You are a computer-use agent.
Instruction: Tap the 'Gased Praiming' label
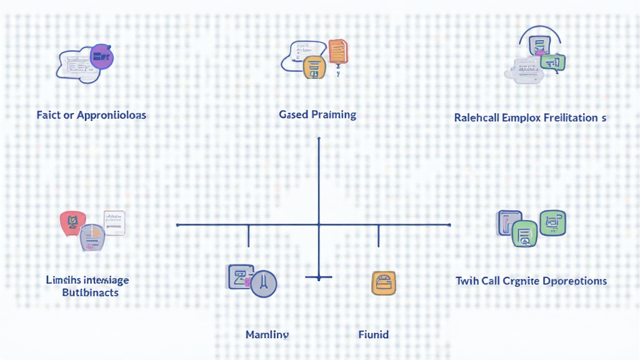[x=317, y=114]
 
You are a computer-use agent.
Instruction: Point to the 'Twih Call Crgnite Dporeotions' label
[x=531, y=281]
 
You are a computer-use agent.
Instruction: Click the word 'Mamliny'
[x=267, y=334]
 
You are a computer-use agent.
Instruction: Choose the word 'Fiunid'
[x=374, y=334]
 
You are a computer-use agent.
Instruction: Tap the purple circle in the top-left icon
[x=101, y=57]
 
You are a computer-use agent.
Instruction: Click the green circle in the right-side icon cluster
[x=523, y=234]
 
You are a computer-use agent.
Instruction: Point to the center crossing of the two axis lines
[x=319, y=224]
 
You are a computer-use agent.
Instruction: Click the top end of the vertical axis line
[x=319, y=139]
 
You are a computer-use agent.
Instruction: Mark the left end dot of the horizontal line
[x=178, y=224]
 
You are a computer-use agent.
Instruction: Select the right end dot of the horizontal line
[x=449, y=224]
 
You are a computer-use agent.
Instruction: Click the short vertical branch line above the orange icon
[x=379, y=236]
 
